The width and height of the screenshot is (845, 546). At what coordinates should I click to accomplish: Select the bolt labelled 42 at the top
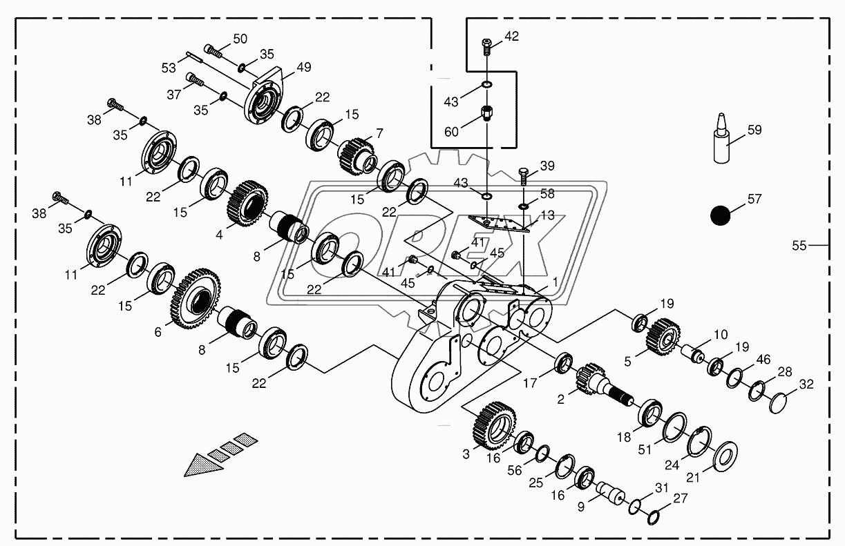point(487,46)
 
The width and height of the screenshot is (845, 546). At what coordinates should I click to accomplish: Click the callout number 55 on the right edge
point(799,245)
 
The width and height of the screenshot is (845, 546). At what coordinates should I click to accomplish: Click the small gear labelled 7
point(357,156)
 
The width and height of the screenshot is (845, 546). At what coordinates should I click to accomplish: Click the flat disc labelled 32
point(779,403)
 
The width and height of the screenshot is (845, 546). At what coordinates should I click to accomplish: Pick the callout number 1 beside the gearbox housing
point(553,284)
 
